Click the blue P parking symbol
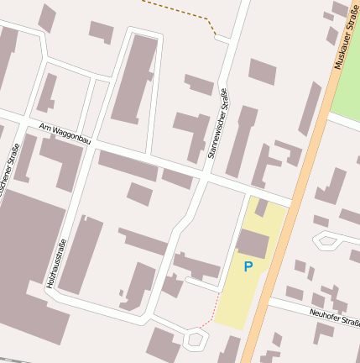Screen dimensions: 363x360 pos(248,267)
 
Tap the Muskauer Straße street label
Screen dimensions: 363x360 pos(342,41)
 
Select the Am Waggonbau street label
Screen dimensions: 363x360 pos(65,134)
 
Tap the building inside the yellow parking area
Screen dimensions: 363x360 pos(252,244)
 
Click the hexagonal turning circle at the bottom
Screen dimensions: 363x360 pos(196,339)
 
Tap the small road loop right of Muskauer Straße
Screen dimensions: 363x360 pos(325,242)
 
